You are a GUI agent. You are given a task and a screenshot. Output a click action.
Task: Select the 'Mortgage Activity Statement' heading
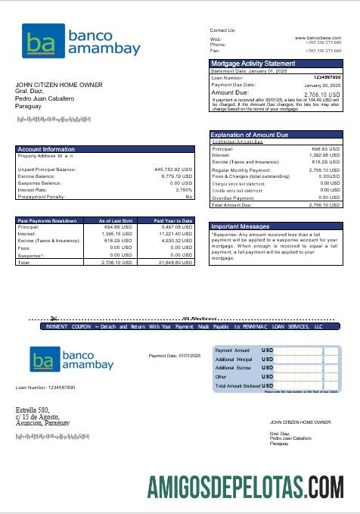click(x=253, y=64)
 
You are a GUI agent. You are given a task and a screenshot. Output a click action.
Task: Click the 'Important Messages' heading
click(x=240, y=226)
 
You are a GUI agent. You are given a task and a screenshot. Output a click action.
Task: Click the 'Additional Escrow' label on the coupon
click(x=232, y=367)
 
